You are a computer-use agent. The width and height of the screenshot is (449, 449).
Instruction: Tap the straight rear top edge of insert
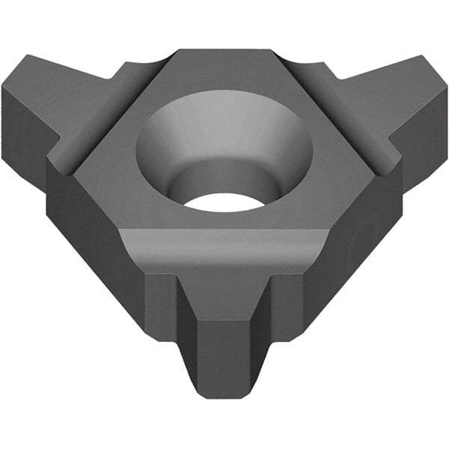[224, 51]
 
